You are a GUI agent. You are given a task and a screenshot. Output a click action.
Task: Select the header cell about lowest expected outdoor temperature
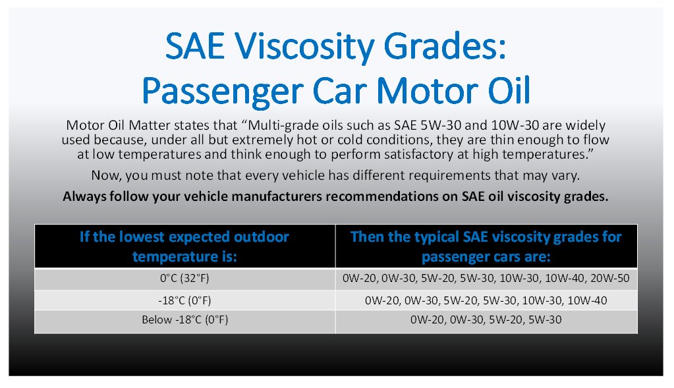[x=184, y=246]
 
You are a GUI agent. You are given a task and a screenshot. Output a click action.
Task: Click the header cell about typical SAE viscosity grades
[x=486, y=246]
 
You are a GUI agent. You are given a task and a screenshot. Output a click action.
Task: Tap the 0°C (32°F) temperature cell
[x=184, y=279]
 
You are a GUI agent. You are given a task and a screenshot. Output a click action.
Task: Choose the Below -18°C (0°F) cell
[x=184, y=321]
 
